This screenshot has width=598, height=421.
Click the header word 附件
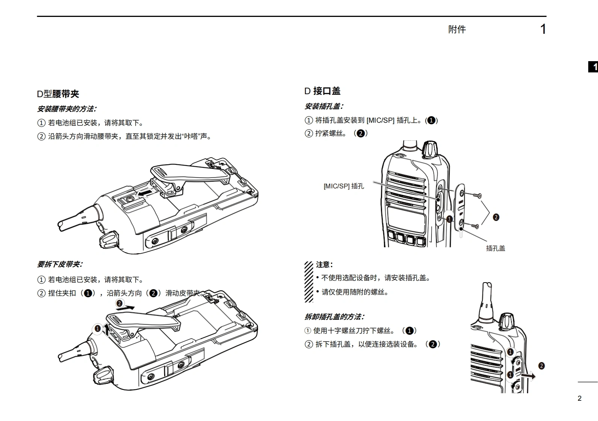coord(457,29)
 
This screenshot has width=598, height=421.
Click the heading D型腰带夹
coord(58,94)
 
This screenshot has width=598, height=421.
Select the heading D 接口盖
coord(322,91)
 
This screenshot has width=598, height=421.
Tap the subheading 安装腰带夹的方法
coord(67,109)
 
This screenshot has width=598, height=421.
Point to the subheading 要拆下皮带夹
coord(60,264)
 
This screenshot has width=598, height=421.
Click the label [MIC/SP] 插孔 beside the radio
coord(344,186)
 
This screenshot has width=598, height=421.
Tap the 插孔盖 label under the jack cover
coord(495,248)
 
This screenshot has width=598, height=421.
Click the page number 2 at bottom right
coord(579,398)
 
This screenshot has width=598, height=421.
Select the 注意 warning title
coord(325,265)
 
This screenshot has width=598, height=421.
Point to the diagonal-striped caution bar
coord(309,282)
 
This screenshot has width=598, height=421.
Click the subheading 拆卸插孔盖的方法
coord(334,317)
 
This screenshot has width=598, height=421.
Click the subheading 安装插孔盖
coord(324,107)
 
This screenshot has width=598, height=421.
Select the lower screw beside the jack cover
coord(475,226)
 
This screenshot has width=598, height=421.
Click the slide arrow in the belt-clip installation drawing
coord(145,192)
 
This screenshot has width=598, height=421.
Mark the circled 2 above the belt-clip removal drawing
coord(119,303)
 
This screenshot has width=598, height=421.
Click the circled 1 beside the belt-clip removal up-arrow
coord(98,328)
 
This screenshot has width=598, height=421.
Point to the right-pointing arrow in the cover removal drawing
coord(528,376)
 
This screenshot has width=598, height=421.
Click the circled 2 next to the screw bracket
coord(496,217)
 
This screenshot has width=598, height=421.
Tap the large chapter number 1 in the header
coord(543,29)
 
